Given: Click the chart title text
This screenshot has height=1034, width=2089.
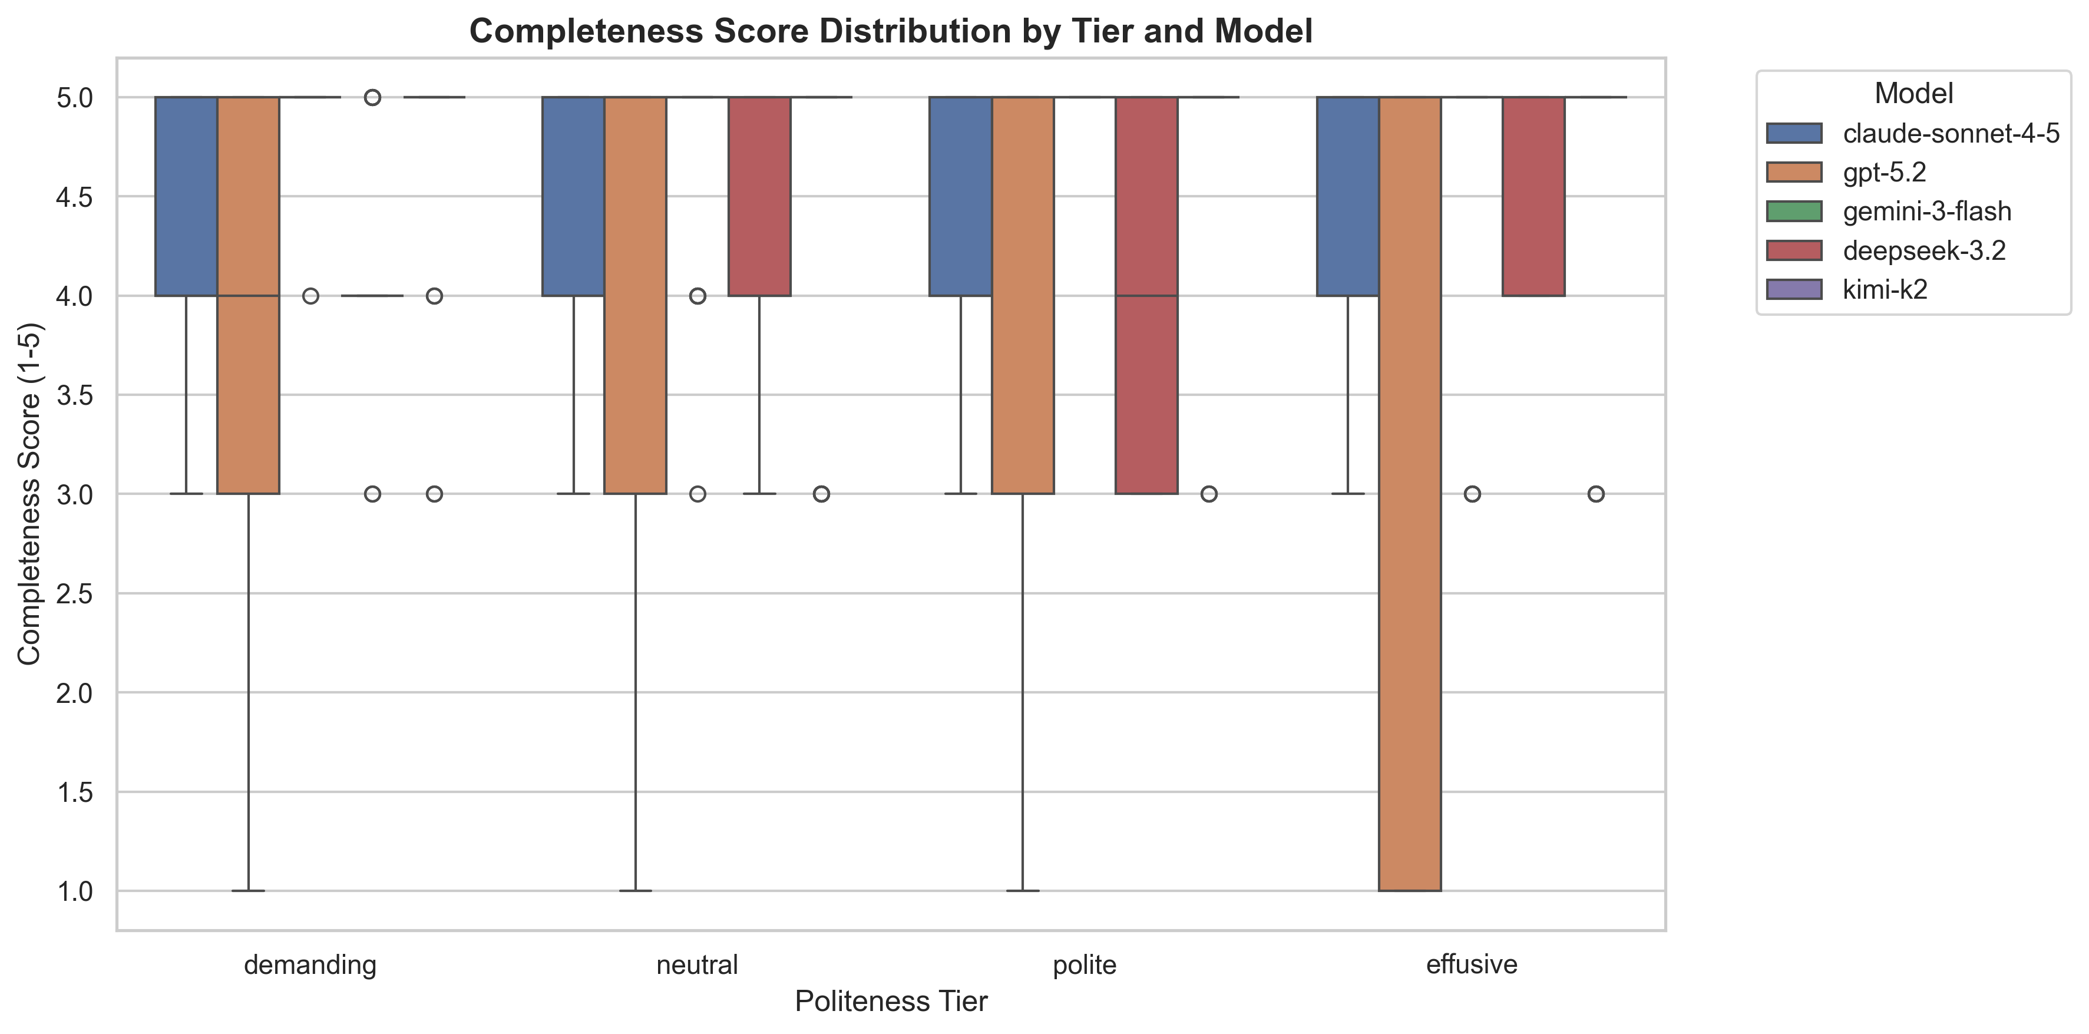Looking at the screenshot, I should click(x=890, y=32).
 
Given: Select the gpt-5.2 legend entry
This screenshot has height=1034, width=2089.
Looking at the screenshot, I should click(x=1884, y=172).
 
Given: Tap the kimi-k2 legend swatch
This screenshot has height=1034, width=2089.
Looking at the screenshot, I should click(x=1794, y=289).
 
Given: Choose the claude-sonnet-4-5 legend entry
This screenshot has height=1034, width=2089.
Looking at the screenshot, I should click(x=1951, y=133).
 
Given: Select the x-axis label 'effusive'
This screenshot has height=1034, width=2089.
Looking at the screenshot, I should click(x=1471, y=964).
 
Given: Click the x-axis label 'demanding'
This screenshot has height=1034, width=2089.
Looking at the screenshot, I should click(x=310, y=964).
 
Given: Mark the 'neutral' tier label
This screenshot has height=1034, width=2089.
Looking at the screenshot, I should click(x=696, y=964).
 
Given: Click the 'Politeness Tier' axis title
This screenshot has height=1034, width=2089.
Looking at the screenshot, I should click(x=890, y=1002).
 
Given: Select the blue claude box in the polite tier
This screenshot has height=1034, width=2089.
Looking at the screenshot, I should click(x=960, y=196).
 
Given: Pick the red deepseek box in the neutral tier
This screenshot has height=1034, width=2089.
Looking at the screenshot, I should click(x=759, y=196).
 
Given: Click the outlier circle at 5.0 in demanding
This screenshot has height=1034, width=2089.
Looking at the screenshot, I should click(x=372, y=97).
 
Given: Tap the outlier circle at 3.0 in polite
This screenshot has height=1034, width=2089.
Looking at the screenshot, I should click(x=1208, y=494).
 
